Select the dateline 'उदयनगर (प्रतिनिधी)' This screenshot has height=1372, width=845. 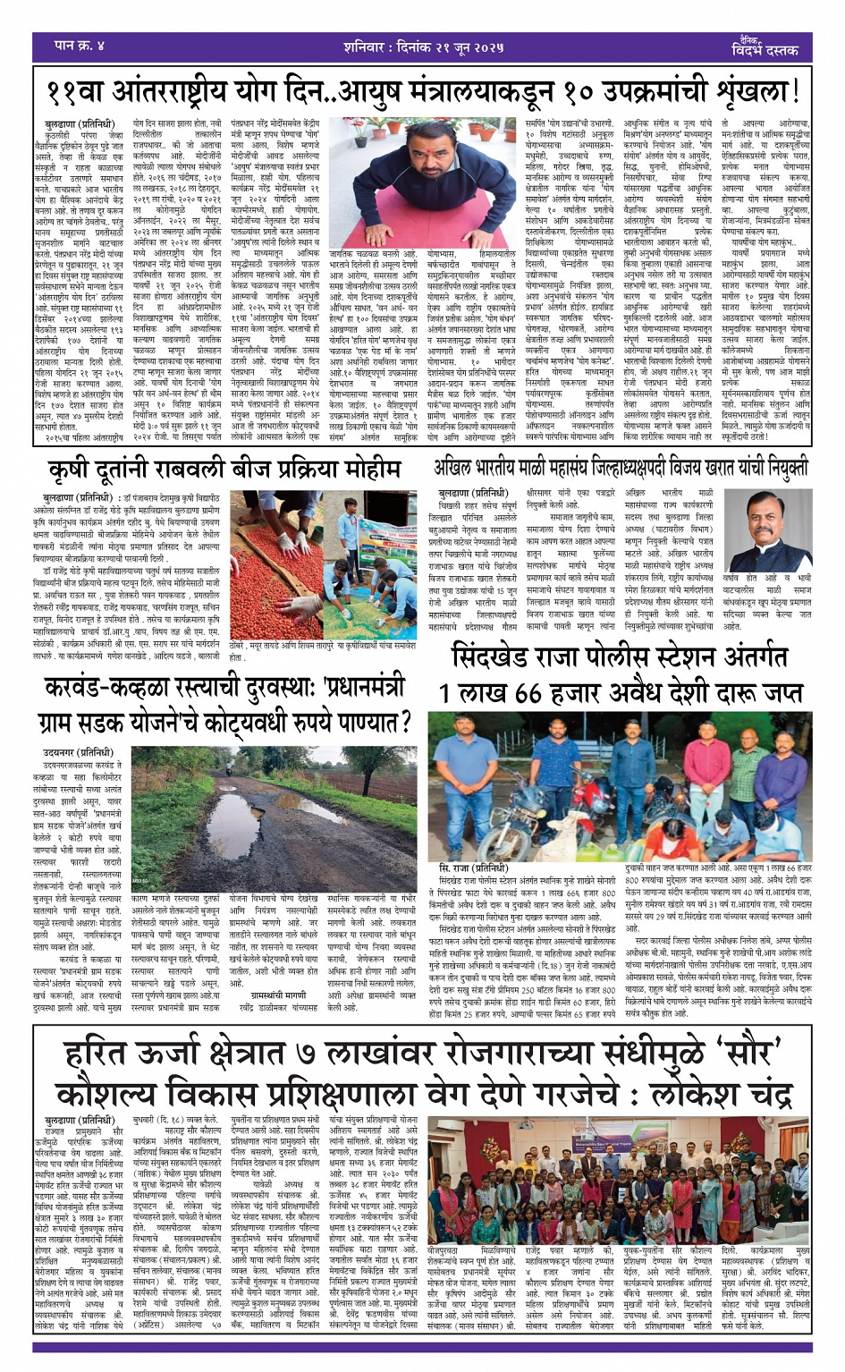(79, 753)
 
